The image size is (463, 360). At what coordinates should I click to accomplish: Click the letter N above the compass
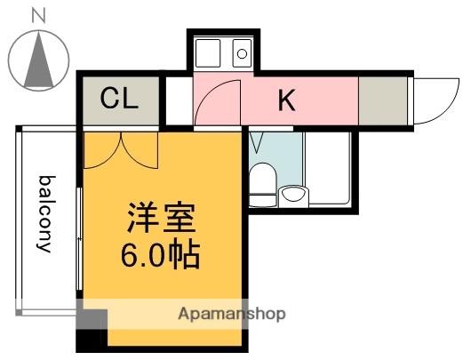38,15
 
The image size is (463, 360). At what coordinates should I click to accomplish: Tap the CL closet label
118,99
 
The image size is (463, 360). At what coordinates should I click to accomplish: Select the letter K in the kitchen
286,100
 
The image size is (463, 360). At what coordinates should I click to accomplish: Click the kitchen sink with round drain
240,52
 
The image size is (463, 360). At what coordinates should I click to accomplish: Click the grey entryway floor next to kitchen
382,100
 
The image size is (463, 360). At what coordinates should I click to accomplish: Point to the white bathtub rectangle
328,169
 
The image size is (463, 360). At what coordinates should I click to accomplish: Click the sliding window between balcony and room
80,240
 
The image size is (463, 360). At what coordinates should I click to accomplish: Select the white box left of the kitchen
179,100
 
